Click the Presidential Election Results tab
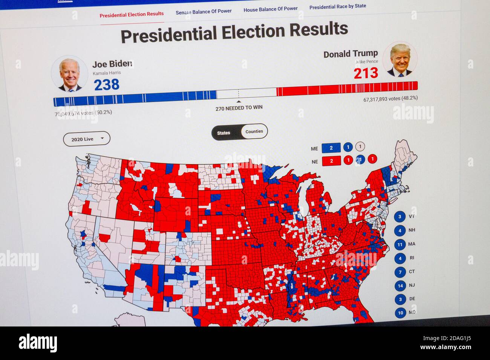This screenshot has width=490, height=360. pyautogui.click(x=132, y=14)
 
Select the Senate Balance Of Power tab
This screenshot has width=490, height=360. pyautogui.click(x=204, y=12)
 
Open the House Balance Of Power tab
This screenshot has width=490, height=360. pyautogui.click(x=270, y=9)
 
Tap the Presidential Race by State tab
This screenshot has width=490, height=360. pyautogui.click(x=337, y=6)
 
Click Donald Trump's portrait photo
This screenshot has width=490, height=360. pyautogui.click(x=400, y=60)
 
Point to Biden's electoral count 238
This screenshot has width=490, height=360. pyautogui.click(x=107, y=85)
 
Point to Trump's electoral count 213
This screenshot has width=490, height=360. pyautogui.click(x=366, y=73)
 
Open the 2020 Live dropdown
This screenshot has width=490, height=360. pyautogui.click(x=87, y=139)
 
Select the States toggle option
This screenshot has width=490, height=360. pyautogui.click(x=224, y=133)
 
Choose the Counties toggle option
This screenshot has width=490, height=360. pyautogui.click(x=254, y=131)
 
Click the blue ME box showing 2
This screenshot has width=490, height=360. pyautogui.click(x=331, y=148)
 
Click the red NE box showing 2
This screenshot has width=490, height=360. pyautogui.click(x=331, y=161)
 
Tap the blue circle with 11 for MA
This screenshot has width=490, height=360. pyautogui.click(x=400, y=244)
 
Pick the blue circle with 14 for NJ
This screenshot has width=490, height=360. pyautogui.click(x=400, y=286)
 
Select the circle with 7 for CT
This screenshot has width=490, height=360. pyautogui.click(x=400, y=272)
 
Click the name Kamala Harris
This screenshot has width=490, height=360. pyautogui.click(x=107, y=73)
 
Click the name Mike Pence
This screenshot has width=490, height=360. pyautogui.click(x=367, y=62)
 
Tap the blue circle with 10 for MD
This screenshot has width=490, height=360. pyautogui.click(x=400, y=313)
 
